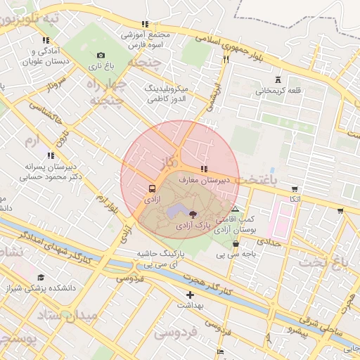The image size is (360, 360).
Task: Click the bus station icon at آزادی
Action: click(151, 189)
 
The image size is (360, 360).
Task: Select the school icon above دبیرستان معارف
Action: click(204, 169)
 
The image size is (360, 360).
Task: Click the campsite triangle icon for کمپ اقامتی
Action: click(235, 209)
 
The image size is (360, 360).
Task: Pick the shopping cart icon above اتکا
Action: click(294, 188)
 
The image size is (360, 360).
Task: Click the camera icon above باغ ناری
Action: click(100, 56)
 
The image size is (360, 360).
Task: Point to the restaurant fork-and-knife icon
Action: click(226, 60)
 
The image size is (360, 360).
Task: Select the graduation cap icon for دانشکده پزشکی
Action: click(40, 278)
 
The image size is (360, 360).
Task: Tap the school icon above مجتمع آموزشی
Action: click(145, 24)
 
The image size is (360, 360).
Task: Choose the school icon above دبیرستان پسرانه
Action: click(50, 155)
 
